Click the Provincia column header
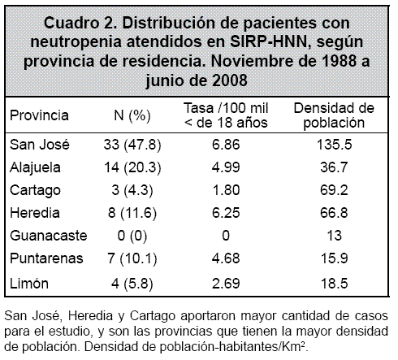tap(39, 115)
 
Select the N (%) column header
tap(132, 116)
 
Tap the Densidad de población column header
tap(334, 115)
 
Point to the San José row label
tap(40, 145)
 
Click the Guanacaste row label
tap(49, 236)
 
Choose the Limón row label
tap(29, 284)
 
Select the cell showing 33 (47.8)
tap(132, 145)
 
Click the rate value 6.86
tap(226, 145)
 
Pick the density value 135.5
tap(335, 145)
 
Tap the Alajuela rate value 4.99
tap(226, 167)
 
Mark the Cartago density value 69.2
tap(334, 190)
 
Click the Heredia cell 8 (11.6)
tap(132, 213)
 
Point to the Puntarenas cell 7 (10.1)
tap(132, 258)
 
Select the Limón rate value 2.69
tap(226, 284)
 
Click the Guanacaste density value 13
tap(335, 236)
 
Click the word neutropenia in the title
tap(76, 42)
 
